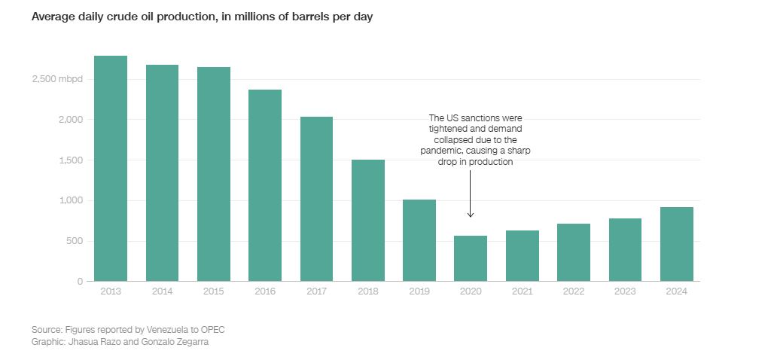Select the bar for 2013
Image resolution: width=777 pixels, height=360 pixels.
tap(111, 168)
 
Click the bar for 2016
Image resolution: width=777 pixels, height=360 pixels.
tap(265, 185)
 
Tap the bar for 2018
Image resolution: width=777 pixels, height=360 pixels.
tap(368, 220)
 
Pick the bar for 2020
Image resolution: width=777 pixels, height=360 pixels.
tap(471, 258)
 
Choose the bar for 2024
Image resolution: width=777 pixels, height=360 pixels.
tap(676, 244)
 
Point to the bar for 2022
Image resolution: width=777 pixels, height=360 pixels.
tap(574, 252)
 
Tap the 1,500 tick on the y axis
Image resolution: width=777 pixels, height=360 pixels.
tap(71, 160)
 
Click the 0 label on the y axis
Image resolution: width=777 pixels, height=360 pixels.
tap(80, 282)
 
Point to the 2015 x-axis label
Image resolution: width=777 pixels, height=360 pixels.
tap(214, 291)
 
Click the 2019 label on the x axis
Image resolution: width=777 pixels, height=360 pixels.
tap(419, 291)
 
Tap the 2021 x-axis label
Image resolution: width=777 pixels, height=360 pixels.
tap(522, 291)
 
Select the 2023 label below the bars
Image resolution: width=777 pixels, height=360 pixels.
tap(625, 291)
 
